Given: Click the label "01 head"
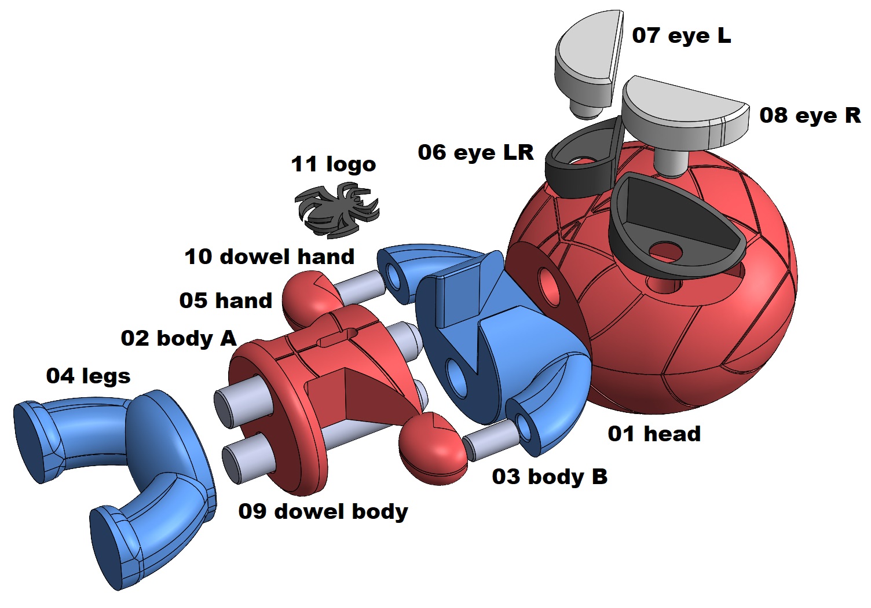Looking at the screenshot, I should tap(654, 433).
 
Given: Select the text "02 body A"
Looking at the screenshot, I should tap(178, 338).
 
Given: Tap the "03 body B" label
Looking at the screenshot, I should tap(550, 477).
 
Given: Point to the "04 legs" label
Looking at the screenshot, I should tap(88, 376).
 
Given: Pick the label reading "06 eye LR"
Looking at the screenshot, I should tap(475, 152).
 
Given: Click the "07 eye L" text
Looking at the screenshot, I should tap(681, 35).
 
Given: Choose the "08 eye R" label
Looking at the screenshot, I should tap(810, 115).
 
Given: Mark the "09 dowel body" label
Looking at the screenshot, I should tap(323, 511).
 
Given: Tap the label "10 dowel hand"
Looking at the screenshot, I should tap(269, 257).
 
